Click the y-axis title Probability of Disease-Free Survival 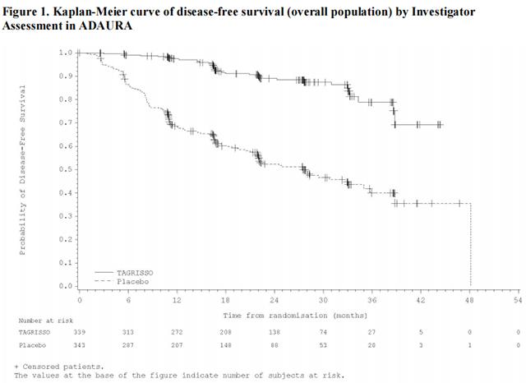tap(22, 170)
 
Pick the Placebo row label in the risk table tap(30, 345)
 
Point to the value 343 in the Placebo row tap(79, 345)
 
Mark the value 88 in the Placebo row tap(275, 345)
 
